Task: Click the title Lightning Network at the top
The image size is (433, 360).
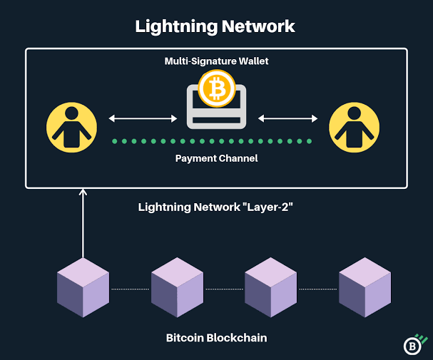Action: (x=215, y=26)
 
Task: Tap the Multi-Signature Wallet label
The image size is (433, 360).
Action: (x=216, y=62)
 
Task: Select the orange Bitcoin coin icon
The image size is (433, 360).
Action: (x=216, y=88)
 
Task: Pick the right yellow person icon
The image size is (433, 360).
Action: (x=355, y=126)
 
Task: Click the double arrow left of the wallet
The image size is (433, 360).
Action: (x=142, y=117)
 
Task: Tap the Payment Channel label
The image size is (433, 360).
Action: (x=216, y=158)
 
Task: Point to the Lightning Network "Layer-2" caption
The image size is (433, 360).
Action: (x=216, y=208)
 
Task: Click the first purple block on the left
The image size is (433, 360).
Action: (x=83, y=288)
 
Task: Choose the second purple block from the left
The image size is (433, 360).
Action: (x=177, y=288)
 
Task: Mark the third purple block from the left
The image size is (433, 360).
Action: (x=271, y=288)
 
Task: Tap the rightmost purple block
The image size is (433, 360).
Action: (x=365, y=288)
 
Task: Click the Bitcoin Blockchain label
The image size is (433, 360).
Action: (x=216, y=337)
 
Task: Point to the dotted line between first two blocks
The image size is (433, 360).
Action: (x=130, y=289)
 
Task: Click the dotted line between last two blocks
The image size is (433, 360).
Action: (x=317, y=289)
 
